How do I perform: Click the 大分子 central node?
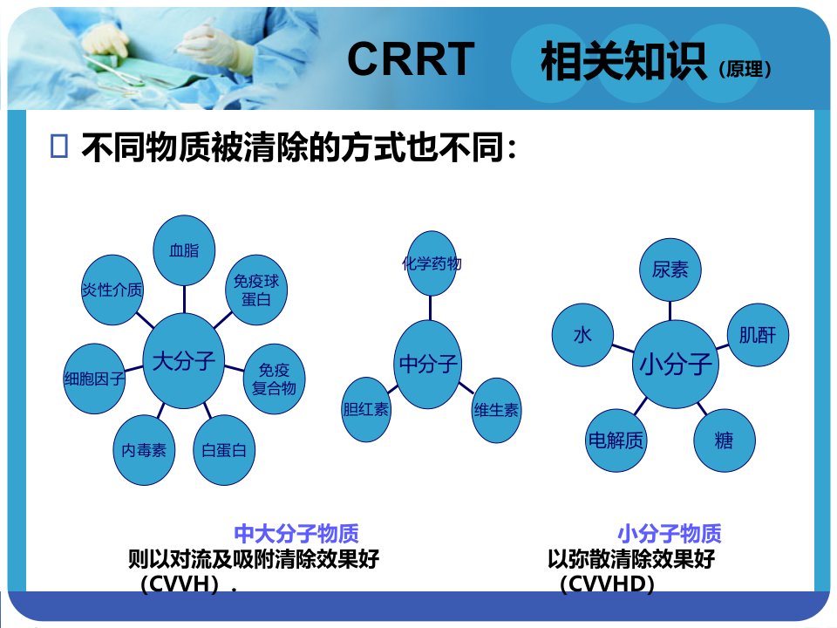pyautogui.click(x=184, y=361)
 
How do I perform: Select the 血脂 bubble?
pyautogui.click(x=184, y=250)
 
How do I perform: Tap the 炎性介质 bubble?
pyautogui.click(x=112, y=290)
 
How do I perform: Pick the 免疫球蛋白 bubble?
pyautogui.click(x=256, y=290)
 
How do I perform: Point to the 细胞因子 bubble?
pyautogui.click(x=94, y=379)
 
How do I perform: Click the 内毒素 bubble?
pyautogui.click(x=144, y=450)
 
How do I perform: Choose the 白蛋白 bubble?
pyautogui.click(x=224, y=450)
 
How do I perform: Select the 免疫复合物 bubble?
pyautogui.click(x=274, y=379)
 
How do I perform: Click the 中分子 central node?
pyautogui.click(x=428, y=365)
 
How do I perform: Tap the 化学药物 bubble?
pyautogui.click(x=432, y=263)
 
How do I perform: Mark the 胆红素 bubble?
pyautogui.click(x=366, y=410)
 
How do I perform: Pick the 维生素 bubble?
pyautogui.click(x=496, y=410)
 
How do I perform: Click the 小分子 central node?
pyautogui.click(x=676, y=365)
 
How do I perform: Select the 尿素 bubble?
pyautogui.click(x=670, y=270)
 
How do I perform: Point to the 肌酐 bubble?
pyautogui.click(x=758, y=335)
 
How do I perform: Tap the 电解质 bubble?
pyautogui.click(x=616, y=440)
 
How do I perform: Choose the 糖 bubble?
pyautogui.click(x=725, y=440)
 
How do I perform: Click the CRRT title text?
pyautogui.click(x=411, y=58)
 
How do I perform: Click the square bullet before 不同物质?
pyautogui.click(x=58, y=146)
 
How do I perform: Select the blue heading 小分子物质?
pyautogui.click(x=670, y=534)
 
